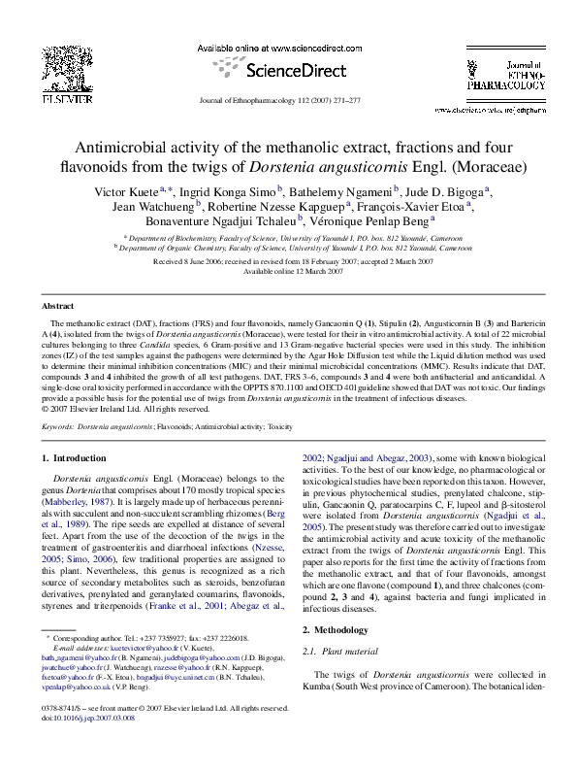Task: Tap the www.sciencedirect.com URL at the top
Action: (289, 49)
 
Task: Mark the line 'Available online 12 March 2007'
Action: (288, 272)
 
